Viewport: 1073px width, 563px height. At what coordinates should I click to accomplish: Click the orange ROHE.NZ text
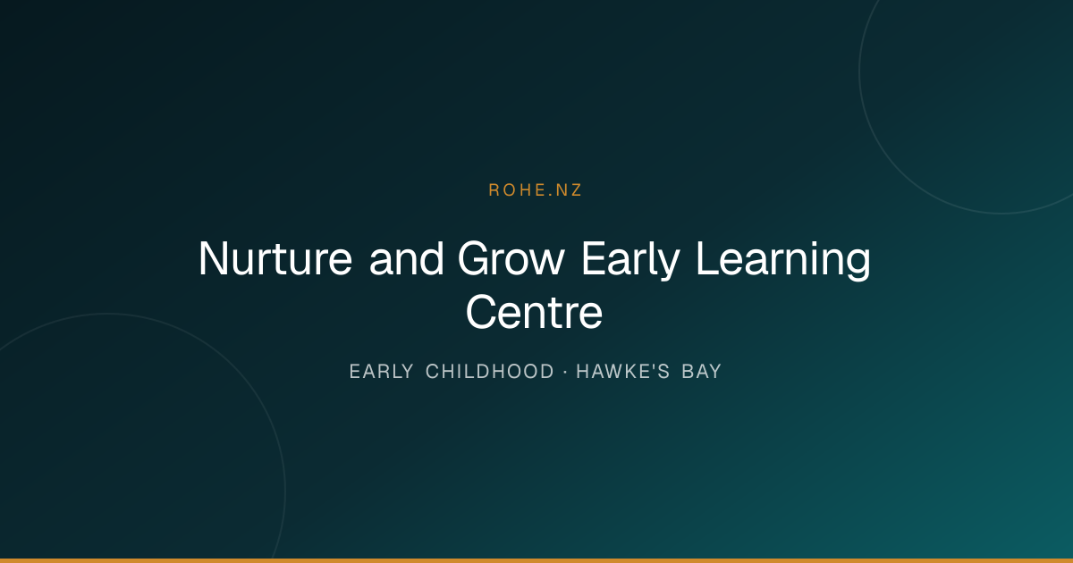pos(535,190)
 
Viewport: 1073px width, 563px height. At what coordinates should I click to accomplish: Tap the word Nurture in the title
pos(275,258)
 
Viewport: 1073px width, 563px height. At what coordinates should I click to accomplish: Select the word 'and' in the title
pos(406,258)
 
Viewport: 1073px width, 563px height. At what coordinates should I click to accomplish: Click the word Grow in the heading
pos(511,258)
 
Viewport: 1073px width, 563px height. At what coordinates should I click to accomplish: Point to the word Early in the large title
pos(630,261)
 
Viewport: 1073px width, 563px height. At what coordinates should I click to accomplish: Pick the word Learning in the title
pos(782,261)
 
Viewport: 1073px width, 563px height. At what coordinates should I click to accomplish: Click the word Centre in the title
pos(534,312)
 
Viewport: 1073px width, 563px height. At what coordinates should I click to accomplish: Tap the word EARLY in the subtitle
pos(381,372)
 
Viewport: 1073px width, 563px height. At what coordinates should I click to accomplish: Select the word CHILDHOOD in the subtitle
pos(490,372)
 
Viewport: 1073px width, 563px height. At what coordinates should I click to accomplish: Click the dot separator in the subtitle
pos(565,372)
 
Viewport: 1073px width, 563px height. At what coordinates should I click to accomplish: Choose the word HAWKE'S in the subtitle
pos(622,372)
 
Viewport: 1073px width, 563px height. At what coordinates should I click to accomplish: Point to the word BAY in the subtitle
pos(701,372)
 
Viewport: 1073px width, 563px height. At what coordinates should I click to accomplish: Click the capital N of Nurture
pos(213,258)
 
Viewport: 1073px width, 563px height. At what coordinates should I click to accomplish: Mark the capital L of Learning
pos(707,258)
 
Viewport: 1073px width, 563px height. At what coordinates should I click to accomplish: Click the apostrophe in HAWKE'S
pos(649,366)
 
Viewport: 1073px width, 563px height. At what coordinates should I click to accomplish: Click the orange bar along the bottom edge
pos(536,560)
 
